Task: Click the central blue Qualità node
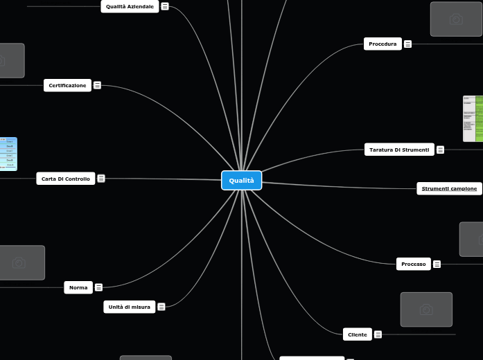click(x=241, y=180)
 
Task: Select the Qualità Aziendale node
click(x=130, y=6)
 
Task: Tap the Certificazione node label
click(x=67, y=85)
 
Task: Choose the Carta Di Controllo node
click(x=65, y=179)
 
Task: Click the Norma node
click(x=78, y=287)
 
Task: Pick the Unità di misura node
click(x=129, y=307)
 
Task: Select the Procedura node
click(x=383, y=44)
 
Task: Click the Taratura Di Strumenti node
click(x=398, y=150)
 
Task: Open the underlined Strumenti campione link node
click(x=449, y=188)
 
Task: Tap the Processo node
click(x=413, y=264)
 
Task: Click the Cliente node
click(x=357, y=334)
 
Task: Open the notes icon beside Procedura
click(x=407, y=44)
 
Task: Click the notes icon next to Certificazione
click(x=97, y=85)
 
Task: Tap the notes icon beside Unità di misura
click(x=161, y=307)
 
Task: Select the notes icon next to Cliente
click(x=378, y=334)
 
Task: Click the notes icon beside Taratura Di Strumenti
click(x=440, y=150)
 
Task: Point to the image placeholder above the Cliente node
click(x=426, y=309)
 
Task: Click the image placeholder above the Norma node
click(x=19, y=262)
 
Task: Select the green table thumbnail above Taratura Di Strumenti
click(x=473, y=118)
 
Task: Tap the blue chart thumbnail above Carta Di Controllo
click(x=8, y=154)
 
